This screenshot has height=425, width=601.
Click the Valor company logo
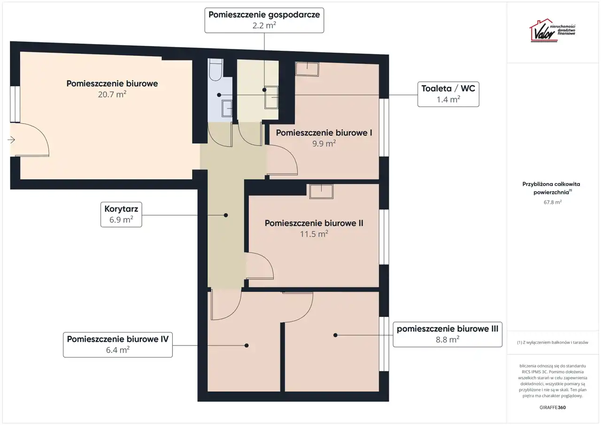552,31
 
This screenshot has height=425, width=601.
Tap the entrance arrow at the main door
11,140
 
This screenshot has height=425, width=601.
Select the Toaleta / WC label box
448,94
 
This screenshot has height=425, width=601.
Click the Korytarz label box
121,214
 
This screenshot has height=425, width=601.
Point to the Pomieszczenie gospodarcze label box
264,20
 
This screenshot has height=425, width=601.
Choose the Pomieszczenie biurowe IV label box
118,345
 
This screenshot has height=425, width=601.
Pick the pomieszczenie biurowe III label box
447,334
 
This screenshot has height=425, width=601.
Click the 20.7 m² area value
112,94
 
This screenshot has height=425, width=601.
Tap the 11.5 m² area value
314,234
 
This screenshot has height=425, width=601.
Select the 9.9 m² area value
324,143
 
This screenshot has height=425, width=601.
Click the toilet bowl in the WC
216,70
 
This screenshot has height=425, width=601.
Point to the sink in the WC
227,108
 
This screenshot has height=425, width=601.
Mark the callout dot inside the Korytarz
226,215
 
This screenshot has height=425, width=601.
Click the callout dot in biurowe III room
335,335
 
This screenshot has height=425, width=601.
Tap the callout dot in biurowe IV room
247,346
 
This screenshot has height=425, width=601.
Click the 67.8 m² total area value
553,202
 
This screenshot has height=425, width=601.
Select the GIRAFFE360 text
553,407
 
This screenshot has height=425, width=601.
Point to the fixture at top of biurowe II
322,191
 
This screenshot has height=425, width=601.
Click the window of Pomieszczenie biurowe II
384,237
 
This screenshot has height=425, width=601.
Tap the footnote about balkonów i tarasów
553,342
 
